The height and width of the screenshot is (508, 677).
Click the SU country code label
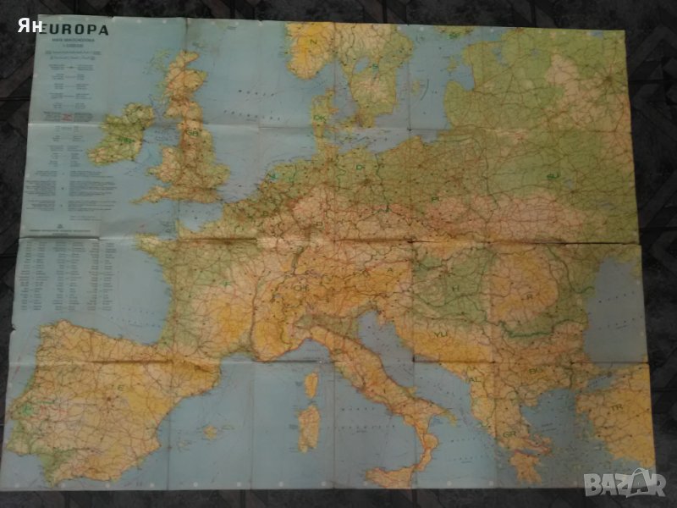[553, 175]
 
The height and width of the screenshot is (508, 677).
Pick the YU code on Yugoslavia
[440, 334]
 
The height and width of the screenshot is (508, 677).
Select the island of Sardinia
[309, 426]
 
